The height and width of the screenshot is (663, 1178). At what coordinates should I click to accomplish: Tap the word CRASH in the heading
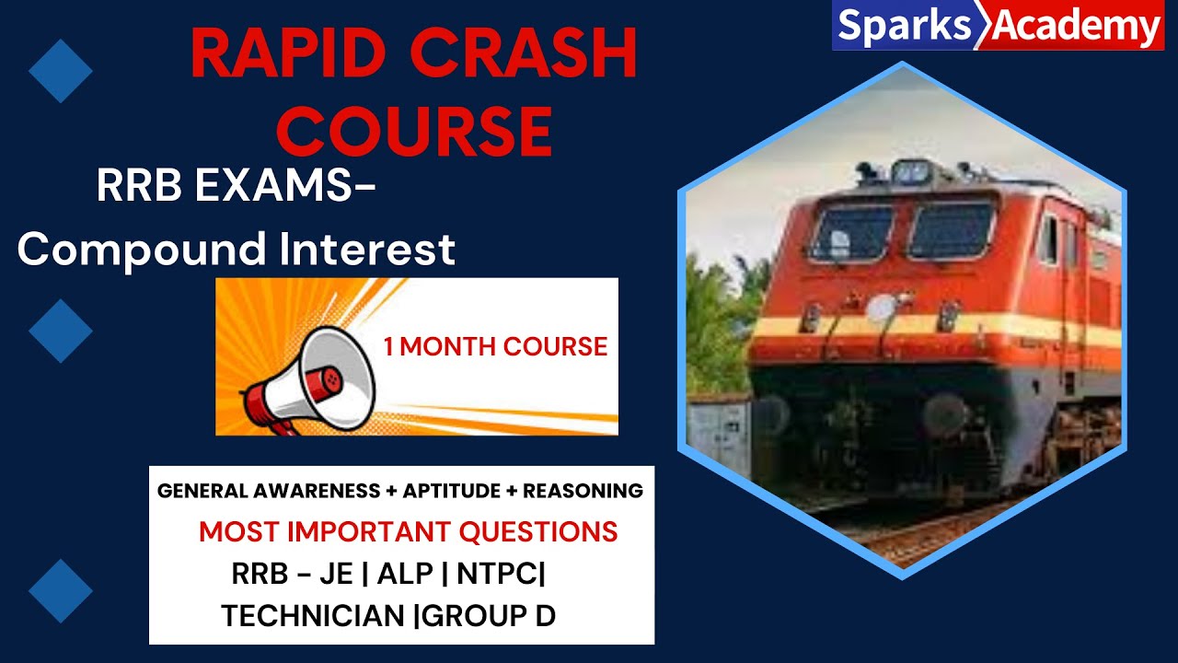tap(524, 56)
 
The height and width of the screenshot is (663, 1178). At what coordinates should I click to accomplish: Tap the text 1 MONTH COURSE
tap(495, 347)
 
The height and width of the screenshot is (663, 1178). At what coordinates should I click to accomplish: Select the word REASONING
tap(583, 491)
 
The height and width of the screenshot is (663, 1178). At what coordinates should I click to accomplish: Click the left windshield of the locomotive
tap(850, 232)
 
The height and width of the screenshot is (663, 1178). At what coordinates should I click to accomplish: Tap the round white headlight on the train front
tap(882, 308)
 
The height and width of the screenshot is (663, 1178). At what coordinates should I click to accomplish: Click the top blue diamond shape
tap(61, 71)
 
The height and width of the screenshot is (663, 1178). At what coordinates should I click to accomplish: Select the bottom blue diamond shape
tap(61, 590)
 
